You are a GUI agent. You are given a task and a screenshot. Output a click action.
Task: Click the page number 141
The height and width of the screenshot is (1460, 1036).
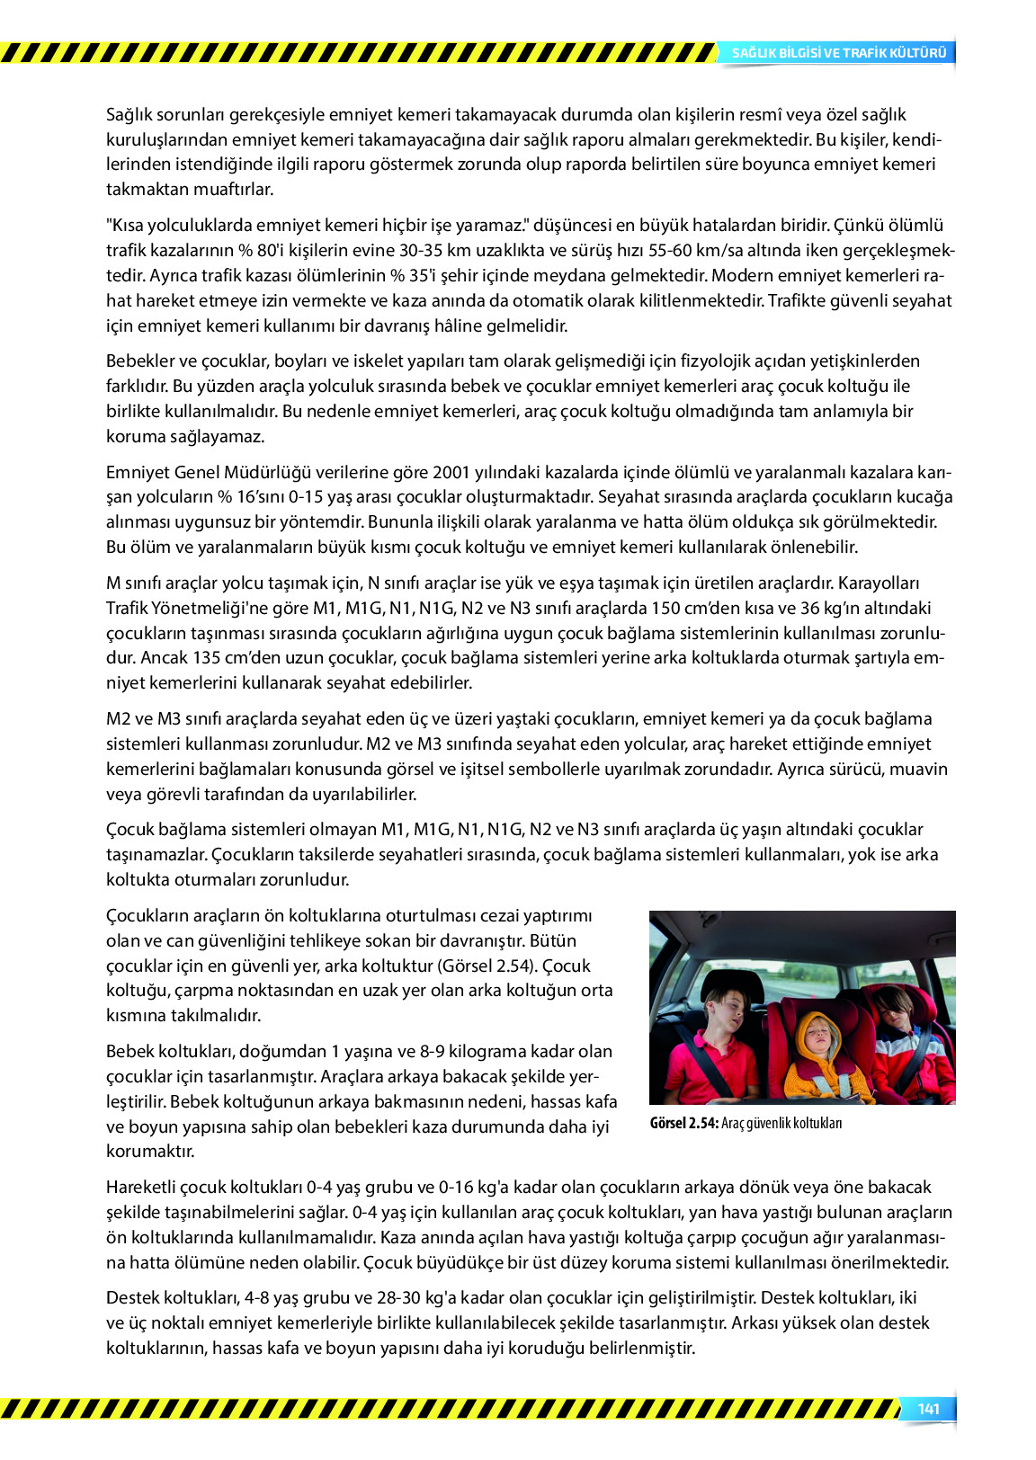click(x=928, y=1409)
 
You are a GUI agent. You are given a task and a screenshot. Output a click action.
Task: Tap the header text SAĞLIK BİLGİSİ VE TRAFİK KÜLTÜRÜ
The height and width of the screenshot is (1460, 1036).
click(x=838, y=53)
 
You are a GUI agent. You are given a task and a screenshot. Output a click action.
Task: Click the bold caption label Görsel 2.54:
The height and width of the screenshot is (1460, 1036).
click(x=683, y=1123)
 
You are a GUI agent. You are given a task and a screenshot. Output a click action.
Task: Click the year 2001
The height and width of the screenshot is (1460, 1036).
click(x=451, y=472)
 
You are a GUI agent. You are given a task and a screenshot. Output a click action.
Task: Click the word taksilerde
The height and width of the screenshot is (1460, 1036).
click(x=318, y=854)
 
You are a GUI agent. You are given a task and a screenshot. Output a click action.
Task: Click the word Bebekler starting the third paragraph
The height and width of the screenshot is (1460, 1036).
click(x=139, y=361)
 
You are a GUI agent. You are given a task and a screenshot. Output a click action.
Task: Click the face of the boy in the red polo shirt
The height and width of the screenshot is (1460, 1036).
click(x=725, y=1010)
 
